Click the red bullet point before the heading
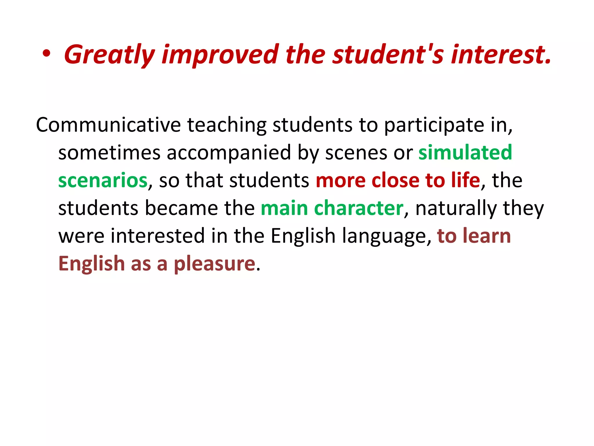46,54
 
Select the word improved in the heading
220,55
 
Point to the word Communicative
108,125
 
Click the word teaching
227,125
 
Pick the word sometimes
109,153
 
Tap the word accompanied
229,153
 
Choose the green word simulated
465,153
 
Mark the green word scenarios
103,181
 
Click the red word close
395,181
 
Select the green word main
284,208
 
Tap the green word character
358,208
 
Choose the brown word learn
487,236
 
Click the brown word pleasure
215,264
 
